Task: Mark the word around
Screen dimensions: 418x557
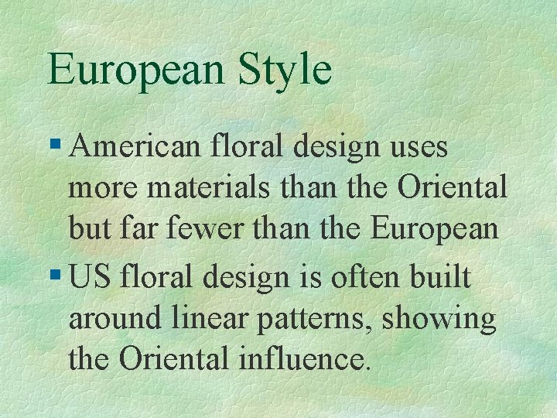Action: tap(112, 320)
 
